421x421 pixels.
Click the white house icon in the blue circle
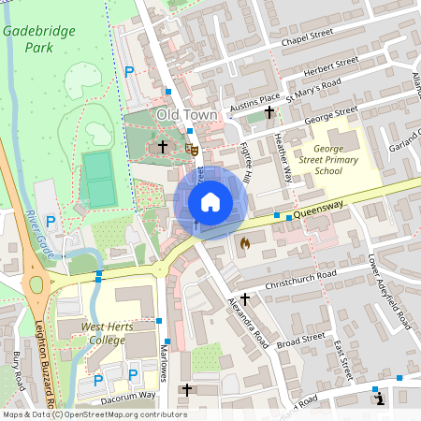[x=210, y=201]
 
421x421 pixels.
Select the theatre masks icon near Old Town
[x=191, y=148]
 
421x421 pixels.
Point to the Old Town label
[x=186, y=115]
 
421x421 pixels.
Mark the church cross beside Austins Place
[x=270, y=111]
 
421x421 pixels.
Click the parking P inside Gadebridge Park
[x=129, y=72]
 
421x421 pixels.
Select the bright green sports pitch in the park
[x=98, y=179]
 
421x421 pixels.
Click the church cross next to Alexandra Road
[x=245, y=298]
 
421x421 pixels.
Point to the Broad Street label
[x=301, y=337]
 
